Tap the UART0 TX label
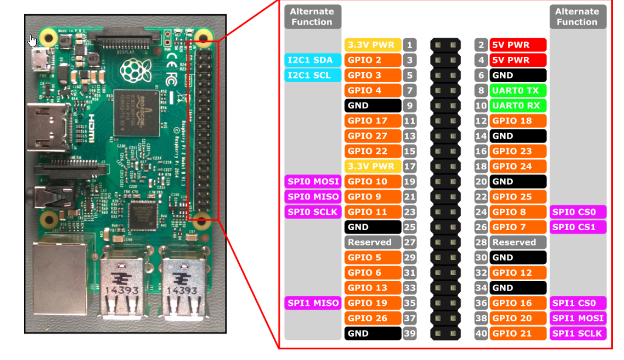coord(518,90)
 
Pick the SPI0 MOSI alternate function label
coord(313,181)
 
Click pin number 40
coord(481,333)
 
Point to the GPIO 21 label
coord(518,333)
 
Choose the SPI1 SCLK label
coord(578,333)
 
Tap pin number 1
coord(410,45)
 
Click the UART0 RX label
coord(518,106)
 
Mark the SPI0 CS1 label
coord(578,227)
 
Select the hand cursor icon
coord(32,41)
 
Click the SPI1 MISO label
coord(313,303)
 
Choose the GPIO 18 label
coord(518,120)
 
